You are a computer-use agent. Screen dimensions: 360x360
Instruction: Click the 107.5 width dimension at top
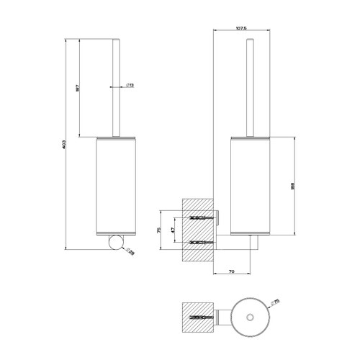[243, 29]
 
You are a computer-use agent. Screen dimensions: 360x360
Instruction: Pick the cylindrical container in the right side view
[250, 186]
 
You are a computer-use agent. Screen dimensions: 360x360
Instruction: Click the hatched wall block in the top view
[191, 316]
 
